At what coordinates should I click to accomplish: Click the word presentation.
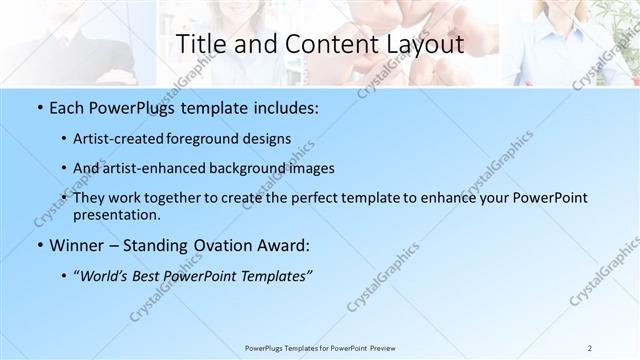[117, 215]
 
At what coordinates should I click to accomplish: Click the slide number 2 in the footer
[590, 348]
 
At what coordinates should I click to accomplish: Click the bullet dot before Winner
[38, 245]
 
